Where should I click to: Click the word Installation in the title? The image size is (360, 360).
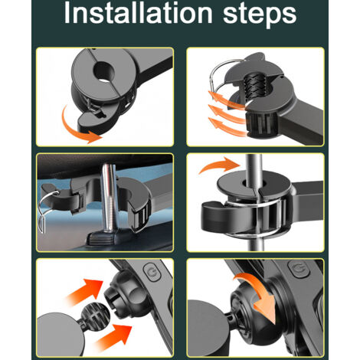click(x=138, y=13)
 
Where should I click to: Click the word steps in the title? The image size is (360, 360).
click(x=260, y=15)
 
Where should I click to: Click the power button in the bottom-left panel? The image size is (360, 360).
click(x=152, y=273)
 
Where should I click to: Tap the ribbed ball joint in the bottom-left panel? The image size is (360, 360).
click(x=96, y=315)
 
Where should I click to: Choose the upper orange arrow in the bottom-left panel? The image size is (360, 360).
click(x=86, y=291)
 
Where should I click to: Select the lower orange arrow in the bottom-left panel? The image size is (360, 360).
click(x=113, y=336)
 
